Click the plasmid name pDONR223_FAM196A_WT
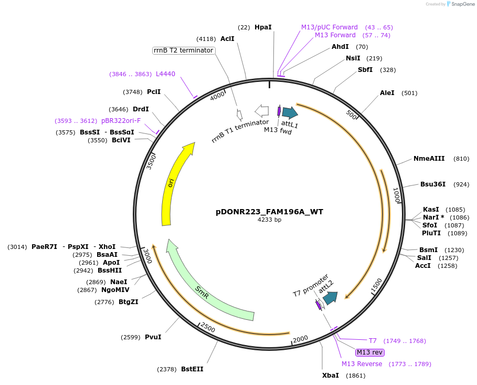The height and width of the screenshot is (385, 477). [269, 212]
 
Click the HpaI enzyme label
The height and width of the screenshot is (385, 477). [263, 27]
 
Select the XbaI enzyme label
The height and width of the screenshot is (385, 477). [331, 376]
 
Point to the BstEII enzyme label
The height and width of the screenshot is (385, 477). [192, 369]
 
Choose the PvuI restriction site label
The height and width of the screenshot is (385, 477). [153, 337]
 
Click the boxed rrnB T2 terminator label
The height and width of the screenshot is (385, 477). [183, 50]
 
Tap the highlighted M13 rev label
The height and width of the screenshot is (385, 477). [370, 352]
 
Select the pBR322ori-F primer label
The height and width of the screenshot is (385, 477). [121, 121]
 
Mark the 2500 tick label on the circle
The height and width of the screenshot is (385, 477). [208, 328]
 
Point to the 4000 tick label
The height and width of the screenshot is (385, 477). [217, 97]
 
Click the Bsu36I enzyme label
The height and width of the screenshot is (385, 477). [433, 184]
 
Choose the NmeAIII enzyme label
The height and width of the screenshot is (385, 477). [429, 159]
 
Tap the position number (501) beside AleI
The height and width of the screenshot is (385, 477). [409, 93]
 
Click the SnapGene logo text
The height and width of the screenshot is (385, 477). [460, 4]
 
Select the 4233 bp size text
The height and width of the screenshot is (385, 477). [269, 220]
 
